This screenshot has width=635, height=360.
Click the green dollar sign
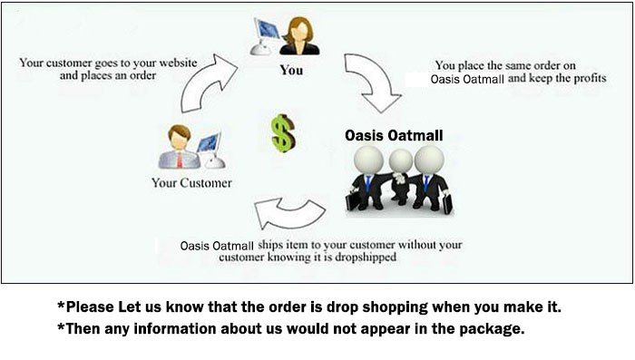coord(282,132)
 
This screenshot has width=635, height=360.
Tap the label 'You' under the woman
coord(290,69)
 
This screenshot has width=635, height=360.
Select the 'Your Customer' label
coord(191,183)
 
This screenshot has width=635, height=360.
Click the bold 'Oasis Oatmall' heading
coord(394,136)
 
